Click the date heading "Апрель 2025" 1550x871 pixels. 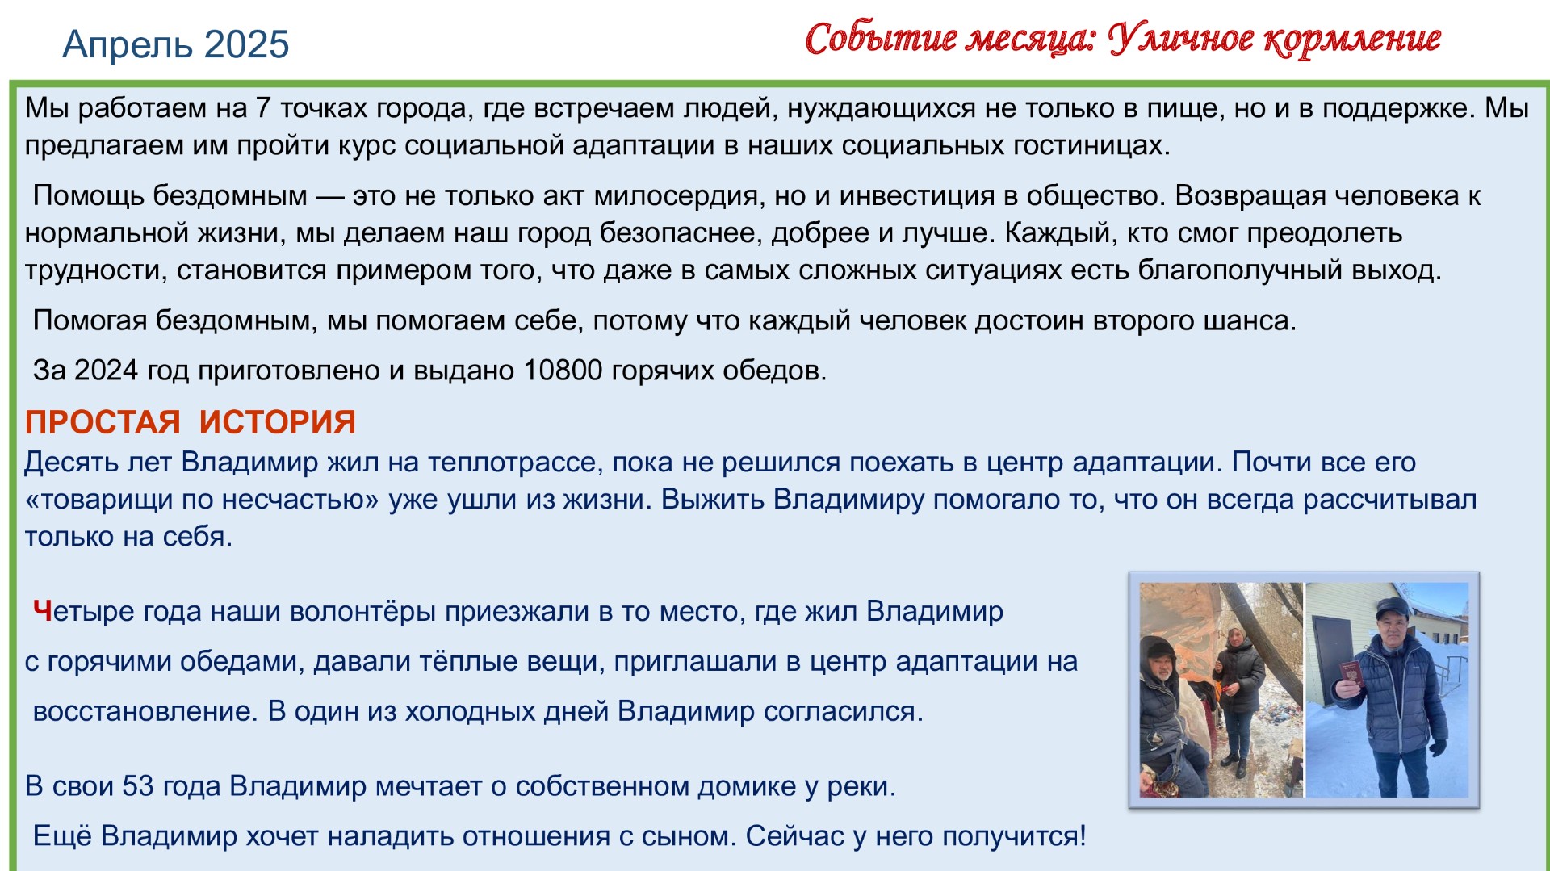(x=175, y=44)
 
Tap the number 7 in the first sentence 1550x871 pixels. (x=262, y=107)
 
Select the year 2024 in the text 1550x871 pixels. (x=107, y=371)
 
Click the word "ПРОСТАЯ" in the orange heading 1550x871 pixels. (x=103, y=422)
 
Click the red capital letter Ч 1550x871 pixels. (x=43, y=611)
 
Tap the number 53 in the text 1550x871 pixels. (x=138, y=786)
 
